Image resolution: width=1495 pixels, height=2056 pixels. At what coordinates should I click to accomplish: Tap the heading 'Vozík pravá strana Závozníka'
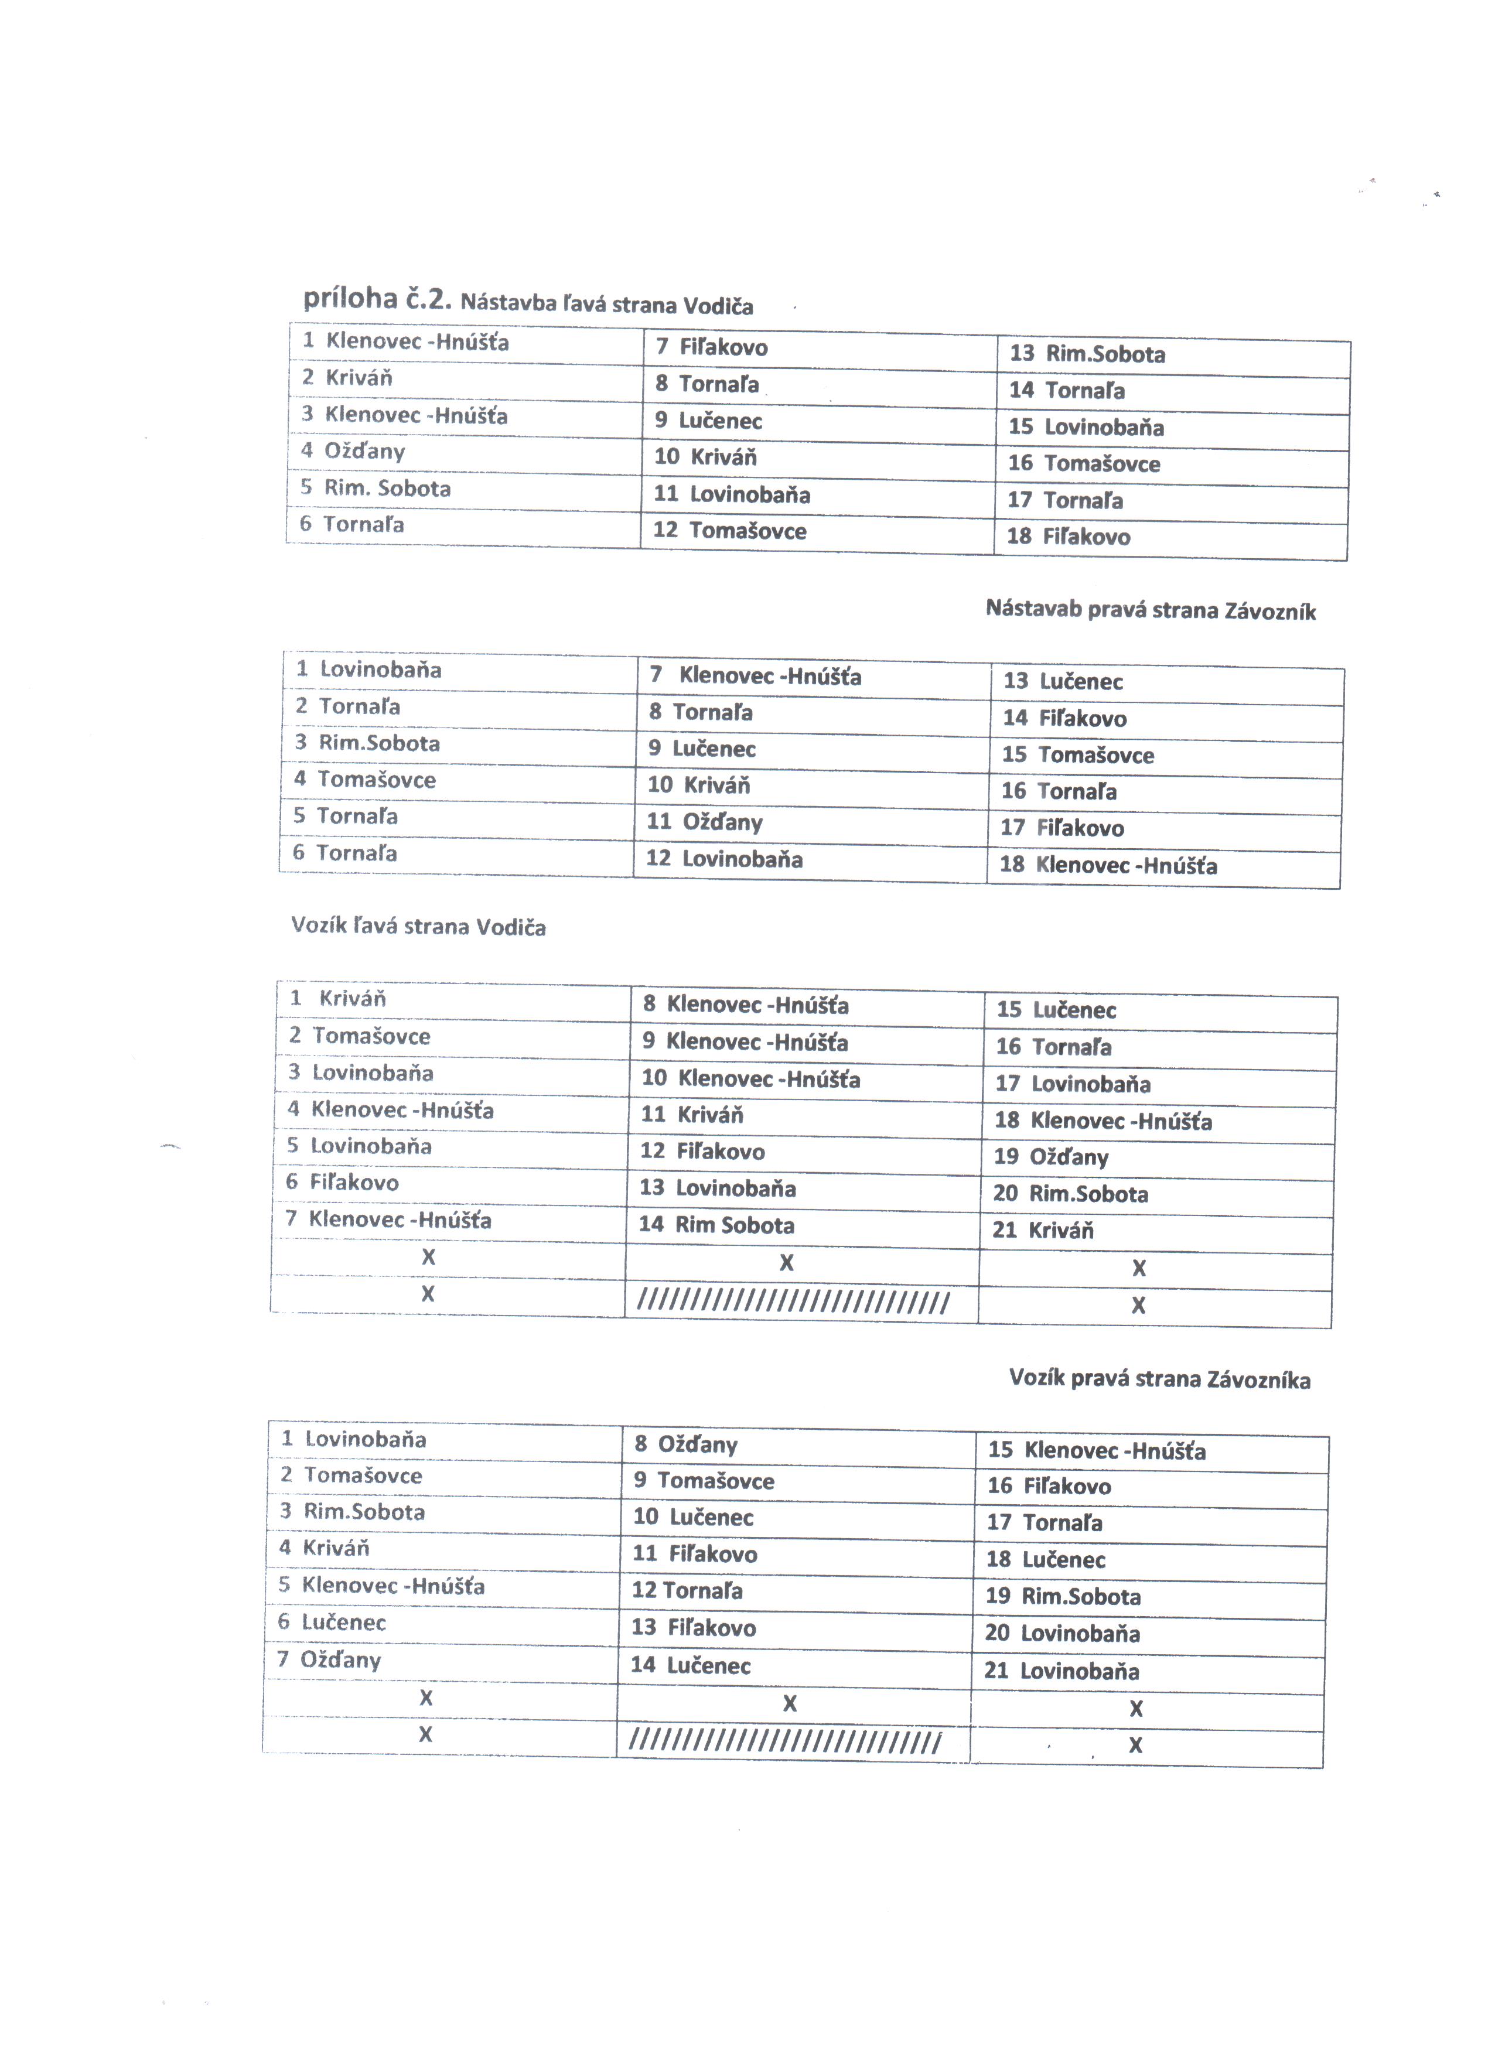[x=1159, y=1379]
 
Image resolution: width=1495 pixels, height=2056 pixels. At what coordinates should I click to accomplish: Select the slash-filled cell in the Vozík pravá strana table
[x=785, y=1743]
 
